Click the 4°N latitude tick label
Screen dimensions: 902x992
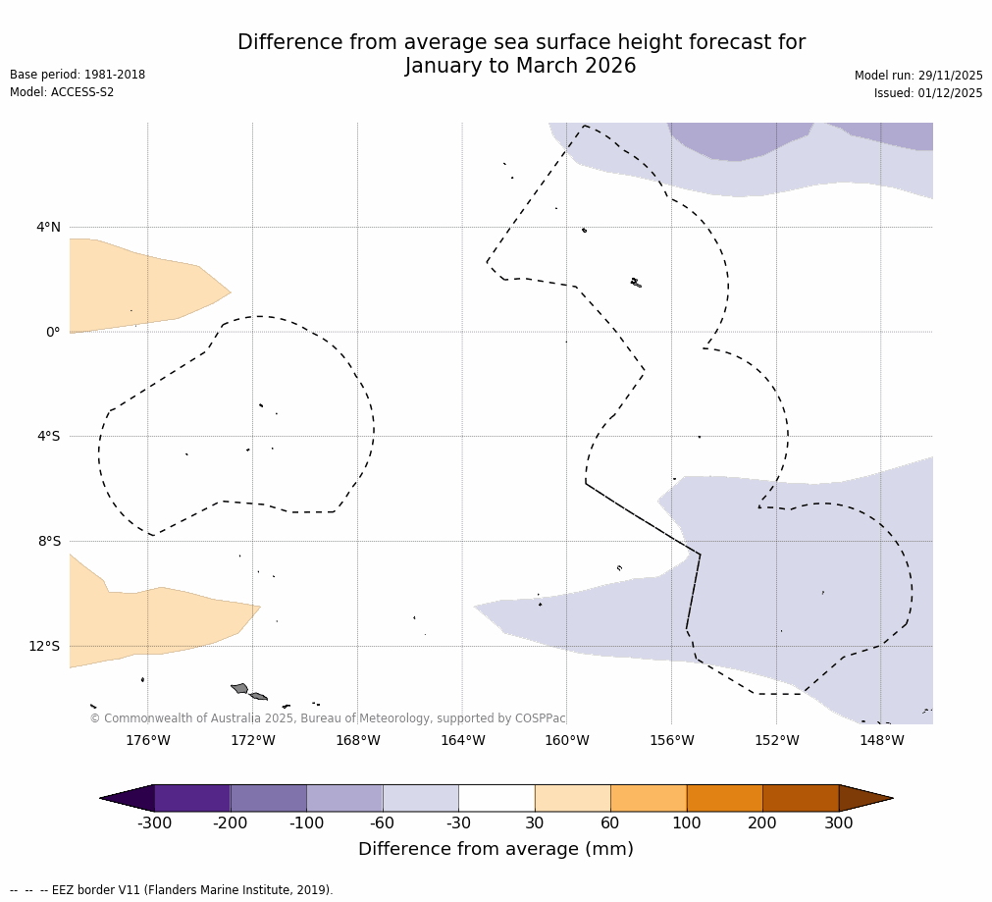pyautogui.click(x=48, y=228)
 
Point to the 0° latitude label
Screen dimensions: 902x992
pyautogui.click(x=53, y=332)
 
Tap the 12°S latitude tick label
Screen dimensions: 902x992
pyautogui.click(x=44, y=646)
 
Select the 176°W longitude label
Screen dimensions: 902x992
pyautogui.click(x=147, y=741)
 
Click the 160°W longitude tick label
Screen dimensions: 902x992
pyautogui.click(x=566, y=741)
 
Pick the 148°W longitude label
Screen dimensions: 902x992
pyautogui.click(x=881, y=741)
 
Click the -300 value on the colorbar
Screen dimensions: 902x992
pyautogui.click(x=154, y=823)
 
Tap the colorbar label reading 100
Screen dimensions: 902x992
pyautogui.click(x=686, y=823)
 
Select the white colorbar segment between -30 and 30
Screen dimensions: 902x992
pyautogui.click(x=496, y=798)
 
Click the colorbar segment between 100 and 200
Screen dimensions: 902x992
pyautogui.click(x=724, y=798)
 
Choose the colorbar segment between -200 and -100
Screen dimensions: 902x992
pyautogui.click(x=268, y=798)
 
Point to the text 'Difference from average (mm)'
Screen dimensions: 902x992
pyautogui.click(x=496, y=849)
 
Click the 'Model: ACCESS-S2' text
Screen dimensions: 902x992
pyautogui.click(x=62, y=92)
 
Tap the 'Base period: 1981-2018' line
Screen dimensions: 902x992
pyautogui.click(x=78, y=75)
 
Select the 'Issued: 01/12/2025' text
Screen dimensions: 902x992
pyautogui.click(x=928, y=93)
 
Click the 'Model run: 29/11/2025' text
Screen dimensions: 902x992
pyautogui.click(x=918, y=76)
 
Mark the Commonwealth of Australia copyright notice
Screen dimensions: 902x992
pyautogui.click(x=328, y=718)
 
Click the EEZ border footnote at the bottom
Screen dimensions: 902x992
pyautogui.click(x=172, y=890)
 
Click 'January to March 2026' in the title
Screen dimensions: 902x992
pyautogui.click(x=520, y=67)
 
